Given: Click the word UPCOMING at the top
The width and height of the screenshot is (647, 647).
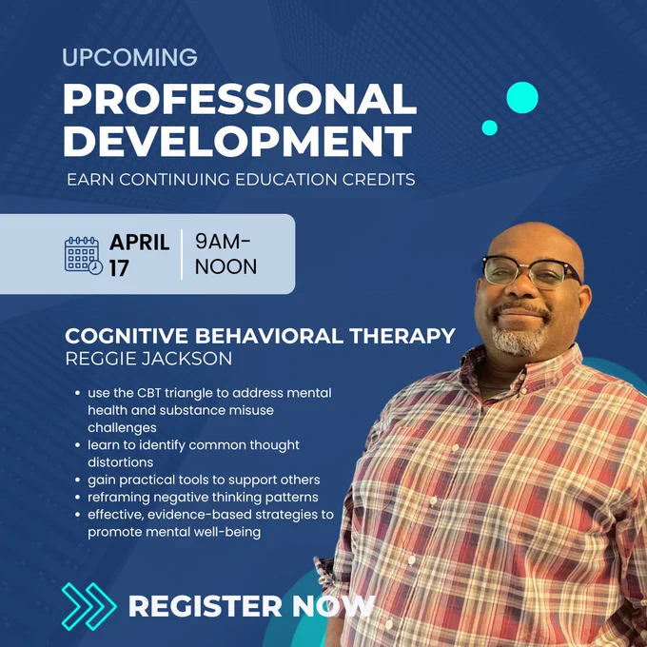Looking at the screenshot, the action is (x=129, y=57).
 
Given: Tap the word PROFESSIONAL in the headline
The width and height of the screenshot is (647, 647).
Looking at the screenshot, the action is (x=240, y=99).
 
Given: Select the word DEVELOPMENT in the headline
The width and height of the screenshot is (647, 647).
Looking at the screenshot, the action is (x=237, y=140).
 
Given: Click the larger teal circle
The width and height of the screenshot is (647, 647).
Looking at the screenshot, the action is (x=522, y=97).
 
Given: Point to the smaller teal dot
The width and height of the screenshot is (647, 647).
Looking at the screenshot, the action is (x=489, y=127).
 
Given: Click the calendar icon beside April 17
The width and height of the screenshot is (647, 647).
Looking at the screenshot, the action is (x=84, y=255).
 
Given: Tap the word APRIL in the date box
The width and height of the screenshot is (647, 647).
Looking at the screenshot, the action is (x=139, y=243).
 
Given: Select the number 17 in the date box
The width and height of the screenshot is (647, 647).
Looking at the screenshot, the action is (x=119, y=268).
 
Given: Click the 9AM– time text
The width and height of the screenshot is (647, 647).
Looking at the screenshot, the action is (x=223, y=242).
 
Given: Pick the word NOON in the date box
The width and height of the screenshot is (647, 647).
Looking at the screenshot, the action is (x=225, y=266).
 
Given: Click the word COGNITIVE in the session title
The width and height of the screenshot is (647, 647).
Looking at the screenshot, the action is (x=127, y=336).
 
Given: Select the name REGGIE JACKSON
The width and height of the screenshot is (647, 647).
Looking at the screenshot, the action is (x=148, y=359).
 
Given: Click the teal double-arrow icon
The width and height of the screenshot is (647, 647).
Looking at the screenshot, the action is (x=88, y=607).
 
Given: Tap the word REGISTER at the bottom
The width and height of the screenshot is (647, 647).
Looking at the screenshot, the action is (x=205, y=607).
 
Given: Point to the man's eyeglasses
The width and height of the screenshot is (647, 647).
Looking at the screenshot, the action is (x=531, y=271).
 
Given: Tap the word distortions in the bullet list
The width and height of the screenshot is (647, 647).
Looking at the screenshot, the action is (x=121, y=462).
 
